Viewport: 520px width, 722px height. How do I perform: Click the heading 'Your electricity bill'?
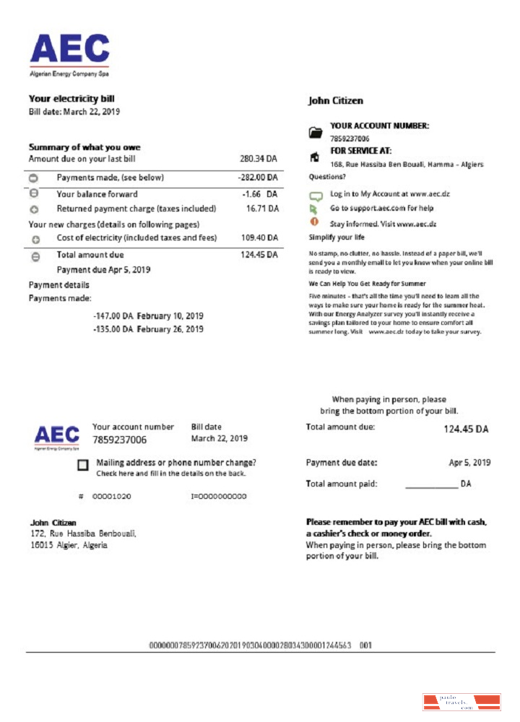71,99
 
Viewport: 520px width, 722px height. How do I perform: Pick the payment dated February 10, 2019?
148,316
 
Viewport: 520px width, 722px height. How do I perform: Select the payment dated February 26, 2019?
148,329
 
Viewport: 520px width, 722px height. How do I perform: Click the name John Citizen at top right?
336,101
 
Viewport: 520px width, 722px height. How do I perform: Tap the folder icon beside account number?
315,132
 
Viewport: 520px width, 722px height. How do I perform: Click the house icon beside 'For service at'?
314,156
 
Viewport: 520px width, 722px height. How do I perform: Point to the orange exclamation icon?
314,221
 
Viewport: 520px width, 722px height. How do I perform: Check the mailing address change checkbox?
83,466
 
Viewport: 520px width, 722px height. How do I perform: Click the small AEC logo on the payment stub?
57,436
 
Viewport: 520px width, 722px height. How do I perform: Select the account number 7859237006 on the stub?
120,440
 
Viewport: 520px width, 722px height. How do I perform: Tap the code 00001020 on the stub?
111,497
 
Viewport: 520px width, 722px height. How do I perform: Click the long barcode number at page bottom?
250,645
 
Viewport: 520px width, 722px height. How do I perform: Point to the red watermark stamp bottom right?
461,702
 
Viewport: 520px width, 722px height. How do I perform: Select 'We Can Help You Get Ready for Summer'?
368,284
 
